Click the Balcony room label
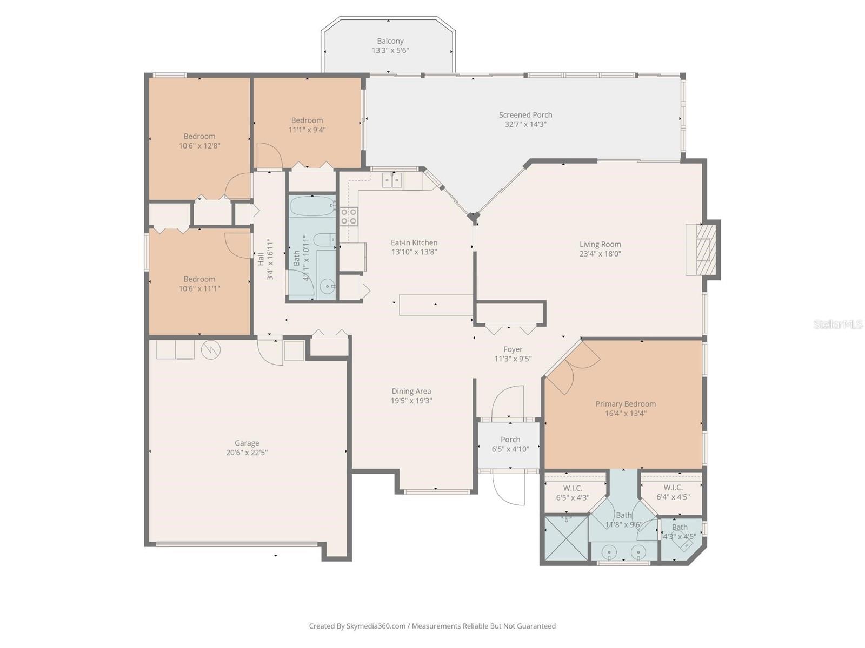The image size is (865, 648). [390, 41]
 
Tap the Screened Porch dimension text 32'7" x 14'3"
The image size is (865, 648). [525, 124]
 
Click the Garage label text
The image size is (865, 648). [247, 443]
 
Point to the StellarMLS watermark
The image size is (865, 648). [837, 324]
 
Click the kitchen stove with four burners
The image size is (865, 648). [349, 217]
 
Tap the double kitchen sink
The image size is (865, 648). [392, 180]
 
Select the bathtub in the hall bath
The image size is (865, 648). [312, 206]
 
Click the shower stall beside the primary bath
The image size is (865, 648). [565, 538]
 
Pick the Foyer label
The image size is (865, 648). [513, 349]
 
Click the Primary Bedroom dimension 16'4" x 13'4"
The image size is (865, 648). [626, 414]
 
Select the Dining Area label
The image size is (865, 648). [411, 391]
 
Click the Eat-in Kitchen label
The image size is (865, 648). [414, 242]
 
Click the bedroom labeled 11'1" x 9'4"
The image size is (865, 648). [307, 125]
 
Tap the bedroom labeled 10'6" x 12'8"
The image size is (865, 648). [199, 141]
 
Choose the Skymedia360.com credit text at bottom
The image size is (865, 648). [432, 626]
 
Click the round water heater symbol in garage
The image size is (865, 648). [210, 350]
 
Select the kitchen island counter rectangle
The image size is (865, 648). [436, 305]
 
